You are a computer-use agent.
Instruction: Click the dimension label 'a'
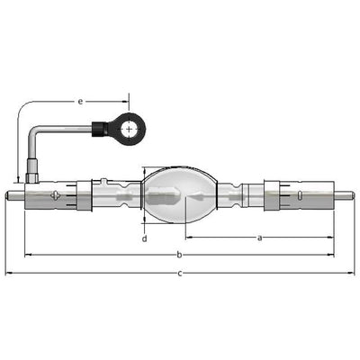(x=260, y=238)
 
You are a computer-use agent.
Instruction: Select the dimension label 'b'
(x=179, y=255)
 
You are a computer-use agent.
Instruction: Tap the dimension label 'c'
(x=180, y=274)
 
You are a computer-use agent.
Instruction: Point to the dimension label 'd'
(x=145, y=238)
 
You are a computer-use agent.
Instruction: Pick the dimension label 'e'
(x=80, y=102)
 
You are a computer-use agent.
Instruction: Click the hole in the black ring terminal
(x=129, y=130)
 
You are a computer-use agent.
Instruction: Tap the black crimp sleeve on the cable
(x=100, y=130)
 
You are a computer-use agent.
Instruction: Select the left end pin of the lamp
(x=15, y=195)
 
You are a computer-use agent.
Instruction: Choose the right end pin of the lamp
(x=345, y=196)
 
